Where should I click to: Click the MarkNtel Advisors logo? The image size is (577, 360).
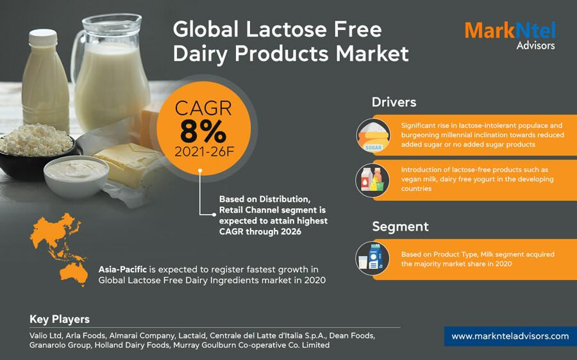(x=510, y=35)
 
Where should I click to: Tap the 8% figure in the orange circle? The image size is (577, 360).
(x=203, y=131)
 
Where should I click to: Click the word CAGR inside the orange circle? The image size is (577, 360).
(x=203, y=108)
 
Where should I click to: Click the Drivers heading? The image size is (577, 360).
(x=394, y=102)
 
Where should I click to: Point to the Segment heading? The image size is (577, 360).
(x=400, y=227)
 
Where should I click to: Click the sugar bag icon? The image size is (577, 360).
(x=373, y=136)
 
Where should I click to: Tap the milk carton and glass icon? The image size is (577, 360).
(x=372, y=259)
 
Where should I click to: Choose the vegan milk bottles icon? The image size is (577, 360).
(x=372, y=180)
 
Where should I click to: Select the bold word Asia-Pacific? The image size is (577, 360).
(x=122, y=270)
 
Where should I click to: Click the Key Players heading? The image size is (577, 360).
(x=60, y=319)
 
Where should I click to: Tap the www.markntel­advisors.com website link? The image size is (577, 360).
(x=510, y=336)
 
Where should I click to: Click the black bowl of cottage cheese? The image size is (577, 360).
(x=37, y=154)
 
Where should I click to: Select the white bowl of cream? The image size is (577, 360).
(x=76, y=176)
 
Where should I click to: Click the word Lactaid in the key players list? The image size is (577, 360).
(x=192, y=336)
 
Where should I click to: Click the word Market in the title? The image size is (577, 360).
(x=372, y=54)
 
